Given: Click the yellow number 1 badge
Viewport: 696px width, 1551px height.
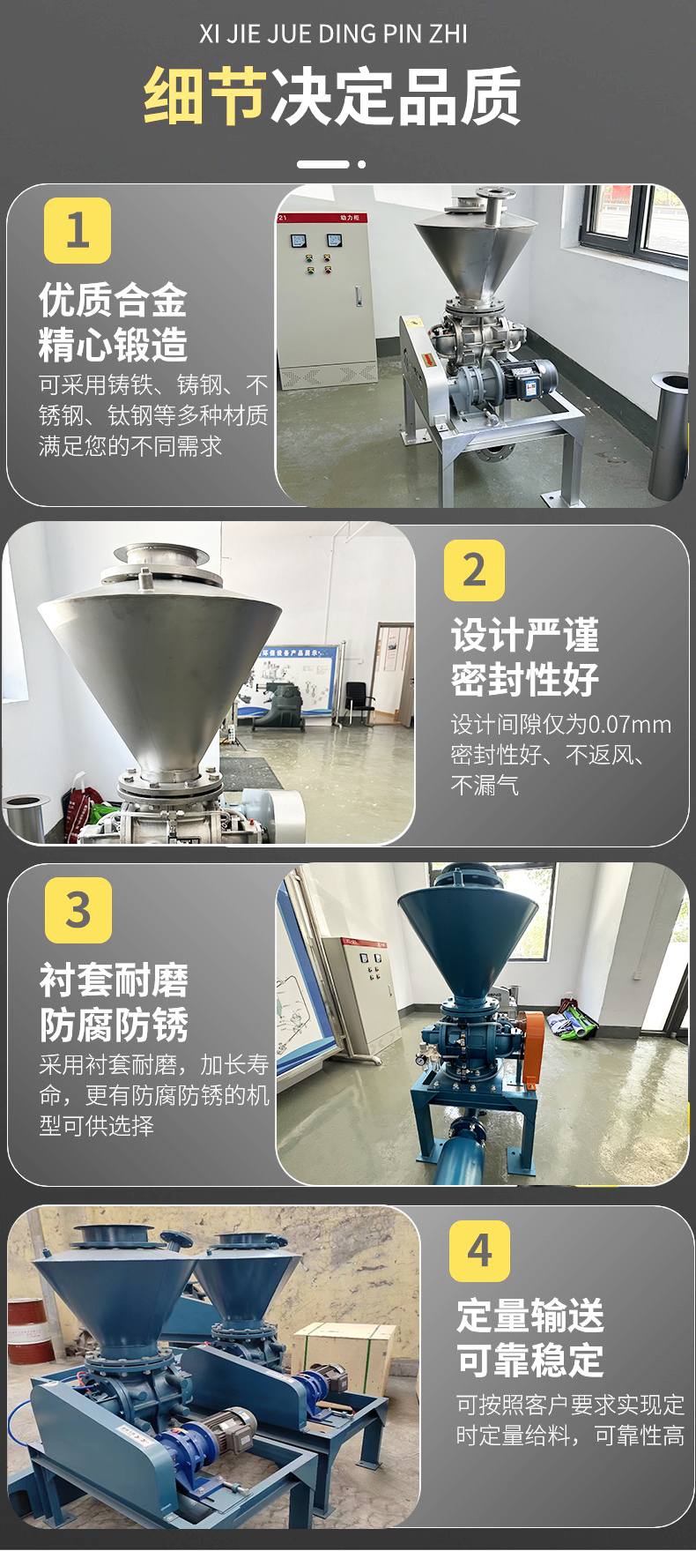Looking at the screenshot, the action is pyautogui.click(x=78, y=230).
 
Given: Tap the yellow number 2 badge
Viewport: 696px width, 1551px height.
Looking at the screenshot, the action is pyautogui.click(x=474, y=570).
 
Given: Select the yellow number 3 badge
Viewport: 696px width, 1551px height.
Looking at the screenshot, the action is pyautogui.click(x=78, y=909).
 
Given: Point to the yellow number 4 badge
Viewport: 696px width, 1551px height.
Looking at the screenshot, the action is pyautogui.click(x=479, y=1250).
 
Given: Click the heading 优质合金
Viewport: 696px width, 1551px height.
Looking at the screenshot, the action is pyautogui.click(x=113, y=301).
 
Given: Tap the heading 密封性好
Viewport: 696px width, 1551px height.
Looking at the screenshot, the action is pyautogui.click(x=525, y=680).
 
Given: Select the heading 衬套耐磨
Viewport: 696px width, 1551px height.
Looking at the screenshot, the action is pyautogui.click(x=114, y=981).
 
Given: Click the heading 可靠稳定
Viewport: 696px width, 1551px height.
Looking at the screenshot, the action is pyautogui.click(x=530, y=1361).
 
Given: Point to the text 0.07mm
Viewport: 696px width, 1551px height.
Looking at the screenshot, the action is pyautogui.click(x=629, y=725).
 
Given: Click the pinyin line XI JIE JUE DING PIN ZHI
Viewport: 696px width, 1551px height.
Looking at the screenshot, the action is pyautogui.click(x=333, y=34).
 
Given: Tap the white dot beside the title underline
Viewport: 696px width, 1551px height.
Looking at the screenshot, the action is pyautogui.click(x=361, y=164).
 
